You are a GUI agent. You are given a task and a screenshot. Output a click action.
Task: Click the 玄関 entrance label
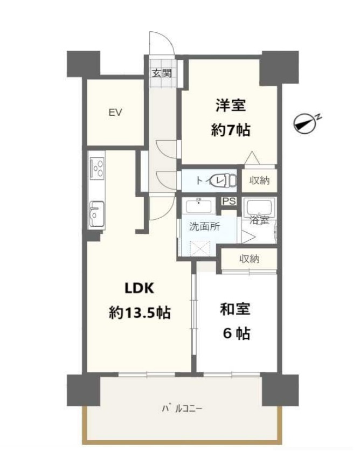(x=161, y=73)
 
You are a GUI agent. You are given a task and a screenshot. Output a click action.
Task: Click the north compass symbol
(x=306, y=123)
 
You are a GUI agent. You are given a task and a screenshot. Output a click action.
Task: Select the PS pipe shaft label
(x=229, y=202)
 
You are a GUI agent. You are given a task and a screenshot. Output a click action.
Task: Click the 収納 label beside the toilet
(x=259, y=181)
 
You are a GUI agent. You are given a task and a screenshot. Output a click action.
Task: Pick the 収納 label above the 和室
(x=250, y=259)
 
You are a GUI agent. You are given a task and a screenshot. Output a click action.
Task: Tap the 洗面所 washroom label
(x=204, y=227)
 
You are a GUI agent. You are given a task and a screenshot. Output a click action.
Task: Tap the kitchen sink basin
(x=97, y=213)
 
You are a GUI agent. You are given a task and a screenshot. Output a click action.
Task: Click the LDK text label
(x=140, y=288)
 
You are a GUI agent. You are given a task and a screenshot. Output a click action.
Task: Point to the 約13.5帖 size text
(x=140, y=312)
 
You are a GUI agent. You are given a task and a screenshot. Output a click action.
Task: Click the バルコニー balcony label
(x=182, y=408)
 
